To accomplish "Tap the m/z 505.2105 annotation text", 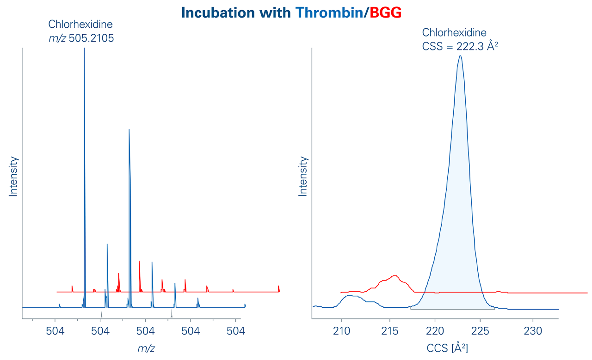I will pos(81,39).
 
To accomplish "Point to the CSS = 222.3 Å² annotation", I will pos(462,46).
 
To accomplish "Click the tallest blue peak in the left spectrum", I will pos(84,51).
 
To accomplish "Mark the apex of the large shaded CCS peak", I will pos(460,56).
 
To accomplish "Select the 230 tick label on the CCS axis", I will pos(533,331).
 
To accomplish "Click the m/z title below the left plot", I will pos(146,348).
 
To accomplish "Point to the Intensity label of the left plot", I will pos(13,177).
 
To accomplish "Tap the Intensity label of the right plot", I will pos(303,177).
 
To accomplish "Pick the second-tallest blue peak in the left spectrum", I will pos(129,132).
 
